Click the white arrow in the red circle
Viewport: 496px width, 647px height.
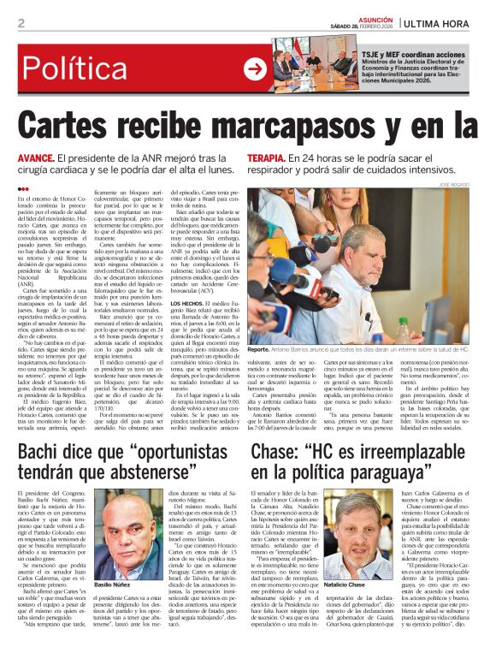pyautogui.click(x=254, y=68)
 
